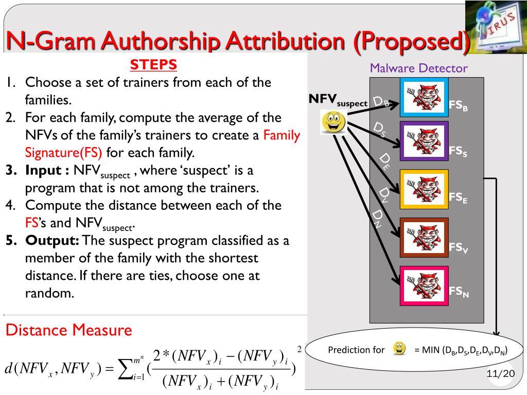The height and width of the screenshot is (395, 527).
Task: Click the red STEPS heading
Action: (x=153, y=65)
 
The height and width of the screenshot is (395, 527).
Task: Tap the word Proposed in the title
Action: (x=411, y=41)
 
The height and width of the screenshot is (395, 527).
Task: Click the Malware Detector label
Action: (x=418, y=68)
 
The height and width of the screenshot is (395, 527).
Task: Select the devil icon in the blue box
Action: (x=425, y=96)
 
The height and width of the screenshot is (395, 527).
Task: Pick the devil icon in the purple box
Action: (x=425, y=141)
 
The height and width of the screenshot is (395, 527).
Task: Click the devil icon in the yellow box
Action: (x=425, y=189)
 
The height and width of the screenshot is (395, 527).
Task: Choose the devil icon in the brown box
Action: (x=425, y=237)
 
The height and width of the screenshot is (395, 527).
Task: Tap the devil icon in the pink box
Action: (x=425, y=284)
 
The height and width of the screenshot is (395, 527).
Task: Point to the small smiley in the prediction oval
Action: (x=399, y=349)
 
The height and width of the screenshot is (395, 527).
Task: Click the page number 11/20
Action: (x=500, y=373)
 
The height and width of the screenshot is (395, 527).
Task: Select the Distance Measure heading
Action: (x=68, y=330)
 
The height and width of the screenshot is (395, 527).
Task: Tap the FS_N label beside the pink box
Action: (x=459, y=292)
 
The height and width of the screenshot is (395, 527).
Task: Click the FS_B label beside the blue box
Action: (x=459, y=106)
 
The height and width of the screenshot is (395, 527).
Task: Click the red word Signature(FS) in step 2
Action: (x=64, y=153)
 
